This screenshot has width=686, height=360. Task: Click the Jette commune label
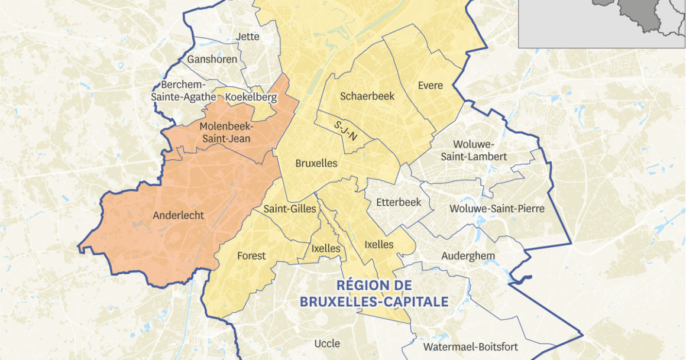tap(247, 37)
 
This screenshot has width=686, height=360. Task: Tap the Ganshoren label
tap(212, 59)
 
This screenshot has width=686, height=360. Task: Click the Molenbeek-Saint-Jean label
tap(226, 132)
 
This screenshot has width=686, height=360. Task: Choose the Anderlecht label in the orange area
tap(178, 215)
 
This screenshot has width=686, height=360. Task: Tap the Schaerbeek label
tap(367, 96)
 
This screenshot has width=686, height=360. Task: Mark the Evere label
tap(430, 85)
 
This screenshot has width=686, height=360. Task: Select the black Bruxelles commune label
tap(316, 163)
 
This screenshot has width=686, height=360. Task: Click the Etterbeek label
tap(399, 202)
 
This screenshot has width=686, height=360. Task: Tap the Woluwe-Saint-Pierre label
tap(497, 209)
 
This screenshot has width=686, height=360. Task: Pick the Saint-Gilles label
tap(290, 209)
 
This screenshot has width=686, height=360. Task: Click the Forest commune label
tap(251, 256)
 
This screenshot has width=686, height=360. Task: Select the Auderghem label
tap(468, 256)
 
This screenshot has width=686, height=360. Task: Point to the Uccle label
tap(327, 343)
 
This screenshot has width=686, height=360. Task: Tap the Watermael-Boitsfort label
tap(471, 347)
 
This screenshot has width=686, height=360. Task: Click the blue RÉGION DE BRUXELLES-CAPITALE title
tap(374, 294)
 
